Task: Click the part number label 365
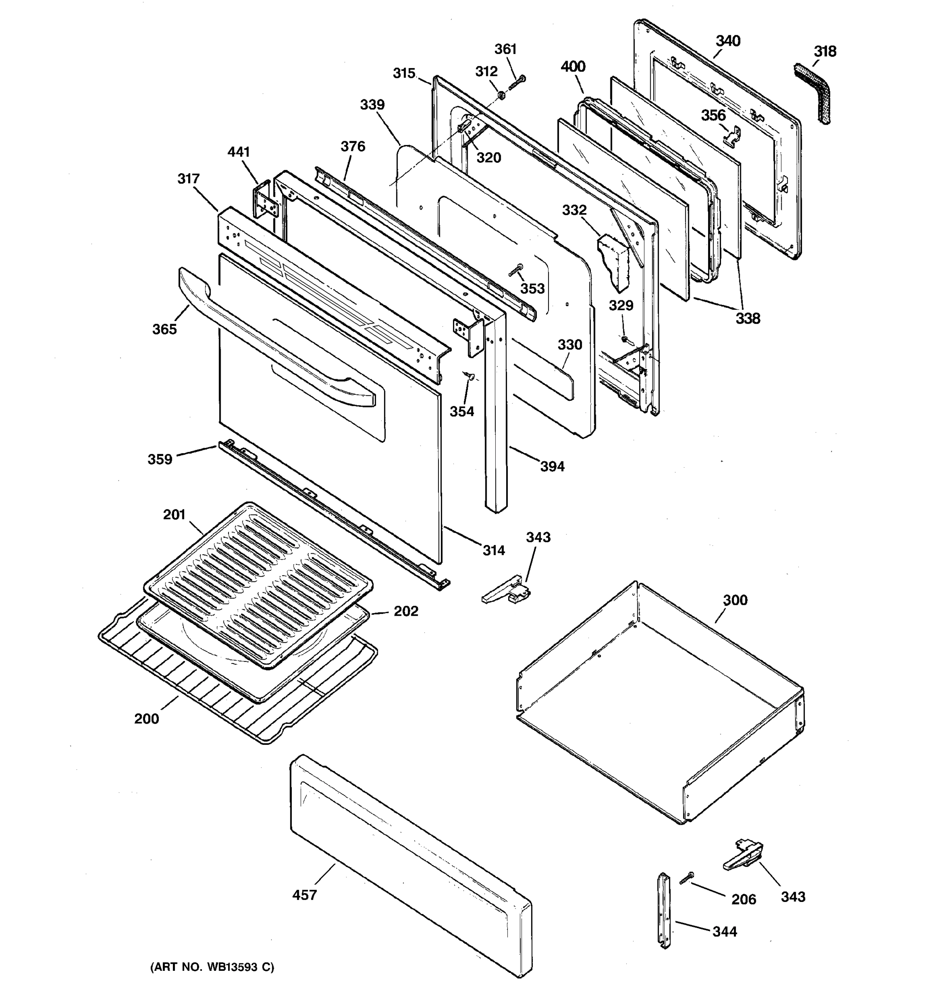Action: point(165,329)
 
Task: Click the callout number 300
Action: point(735,600)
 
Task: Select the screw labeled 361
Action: point(517,83)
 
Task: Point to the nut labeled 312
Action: point(501,95)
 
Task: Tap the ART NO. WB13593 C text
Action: point(212,968)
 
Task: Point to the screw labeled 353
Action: point(516,270)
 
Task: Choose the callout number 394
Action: point(552,467)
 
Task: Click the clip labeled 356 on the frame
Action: point(733,135)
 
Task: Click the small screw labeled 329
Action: point(625,339)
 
